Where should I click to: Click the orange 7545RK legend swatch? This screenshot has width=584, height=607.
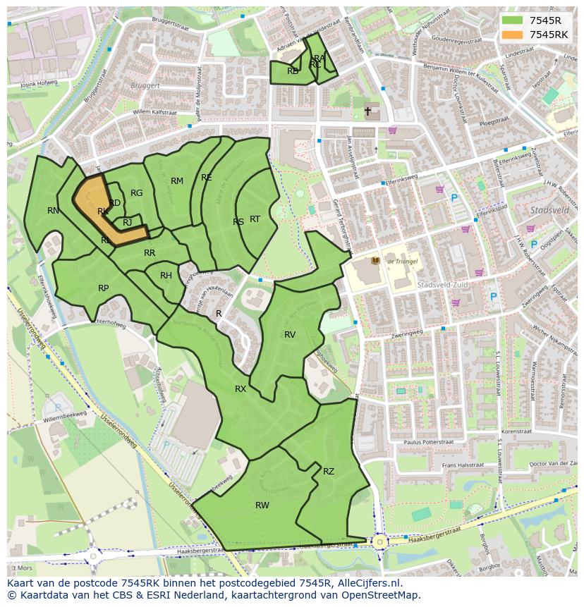tap(513, 35)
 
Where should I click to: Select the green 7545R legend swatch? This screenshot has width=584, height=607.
tap(513, 20)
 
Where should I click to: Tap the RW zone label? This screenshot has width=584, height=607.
tap(262, 505)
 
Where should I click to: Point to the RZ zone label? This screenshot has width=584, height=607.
tap(329, 471)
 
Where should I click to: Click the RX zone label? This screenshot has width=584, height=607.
tap(241, 388)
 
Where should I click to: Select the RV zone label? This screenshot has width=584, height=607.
tap(290, 334)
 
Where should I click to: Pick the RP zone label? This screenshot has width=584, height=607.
tap(104, 288)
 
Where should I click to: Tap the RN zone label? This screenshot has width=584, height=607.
tap(53, 210)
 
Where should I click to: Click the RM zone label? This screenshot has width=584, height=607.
tap(177, 181)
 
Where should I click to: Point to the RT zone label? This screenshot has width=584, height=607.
tap(255, 219)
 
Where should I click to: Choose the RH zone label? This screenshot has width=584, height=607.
tap(166, 276)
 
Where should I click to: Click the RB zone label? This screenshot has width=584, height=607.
tap(293, 70)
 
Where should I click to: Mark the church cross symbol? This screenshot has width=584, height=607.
tap(367, 111)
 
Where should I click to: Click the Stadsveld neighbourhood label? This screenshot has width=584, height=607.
tap(549, 210)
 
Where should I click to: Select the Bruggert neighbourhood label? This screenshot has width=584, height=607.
tap(146, 85)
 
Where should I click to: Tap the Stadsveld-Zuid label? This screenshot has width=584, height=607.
tap(438, 285)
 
